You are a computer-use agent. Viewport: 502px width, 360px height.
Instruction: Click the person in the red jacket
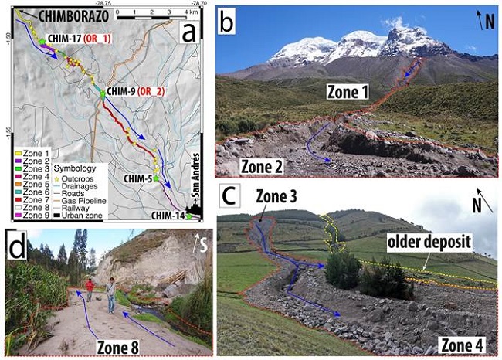tap(90, 289)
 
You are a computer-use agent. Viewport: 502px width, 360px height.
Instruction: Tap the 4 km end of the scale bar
tap(190, 13)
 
